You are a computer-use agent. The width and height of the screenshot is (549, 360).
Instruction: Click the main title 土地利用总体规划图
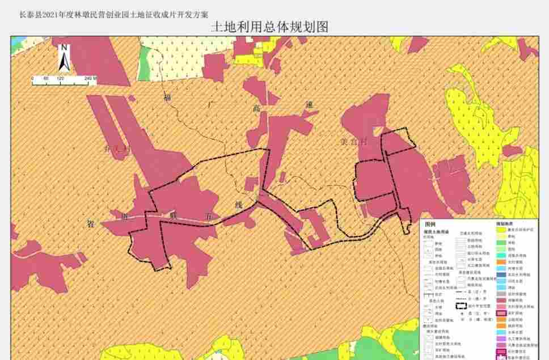coord(269,27)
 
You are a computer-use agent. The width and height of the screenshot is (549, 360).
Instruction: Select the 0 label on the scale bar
coord(32,78)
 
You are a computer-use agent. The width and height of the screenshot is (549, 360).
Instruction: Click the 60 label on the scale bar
coord(46,78)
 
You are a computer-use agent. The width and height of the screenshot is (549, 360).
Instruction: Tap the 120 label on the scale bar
coord(61,78)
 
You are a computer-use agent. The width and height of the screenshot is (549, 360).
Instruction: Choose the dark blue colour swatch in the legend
coord(501,274)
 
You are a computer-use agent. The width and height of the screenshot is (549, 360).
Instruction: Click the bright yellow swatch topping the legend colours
coord(501,230)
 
